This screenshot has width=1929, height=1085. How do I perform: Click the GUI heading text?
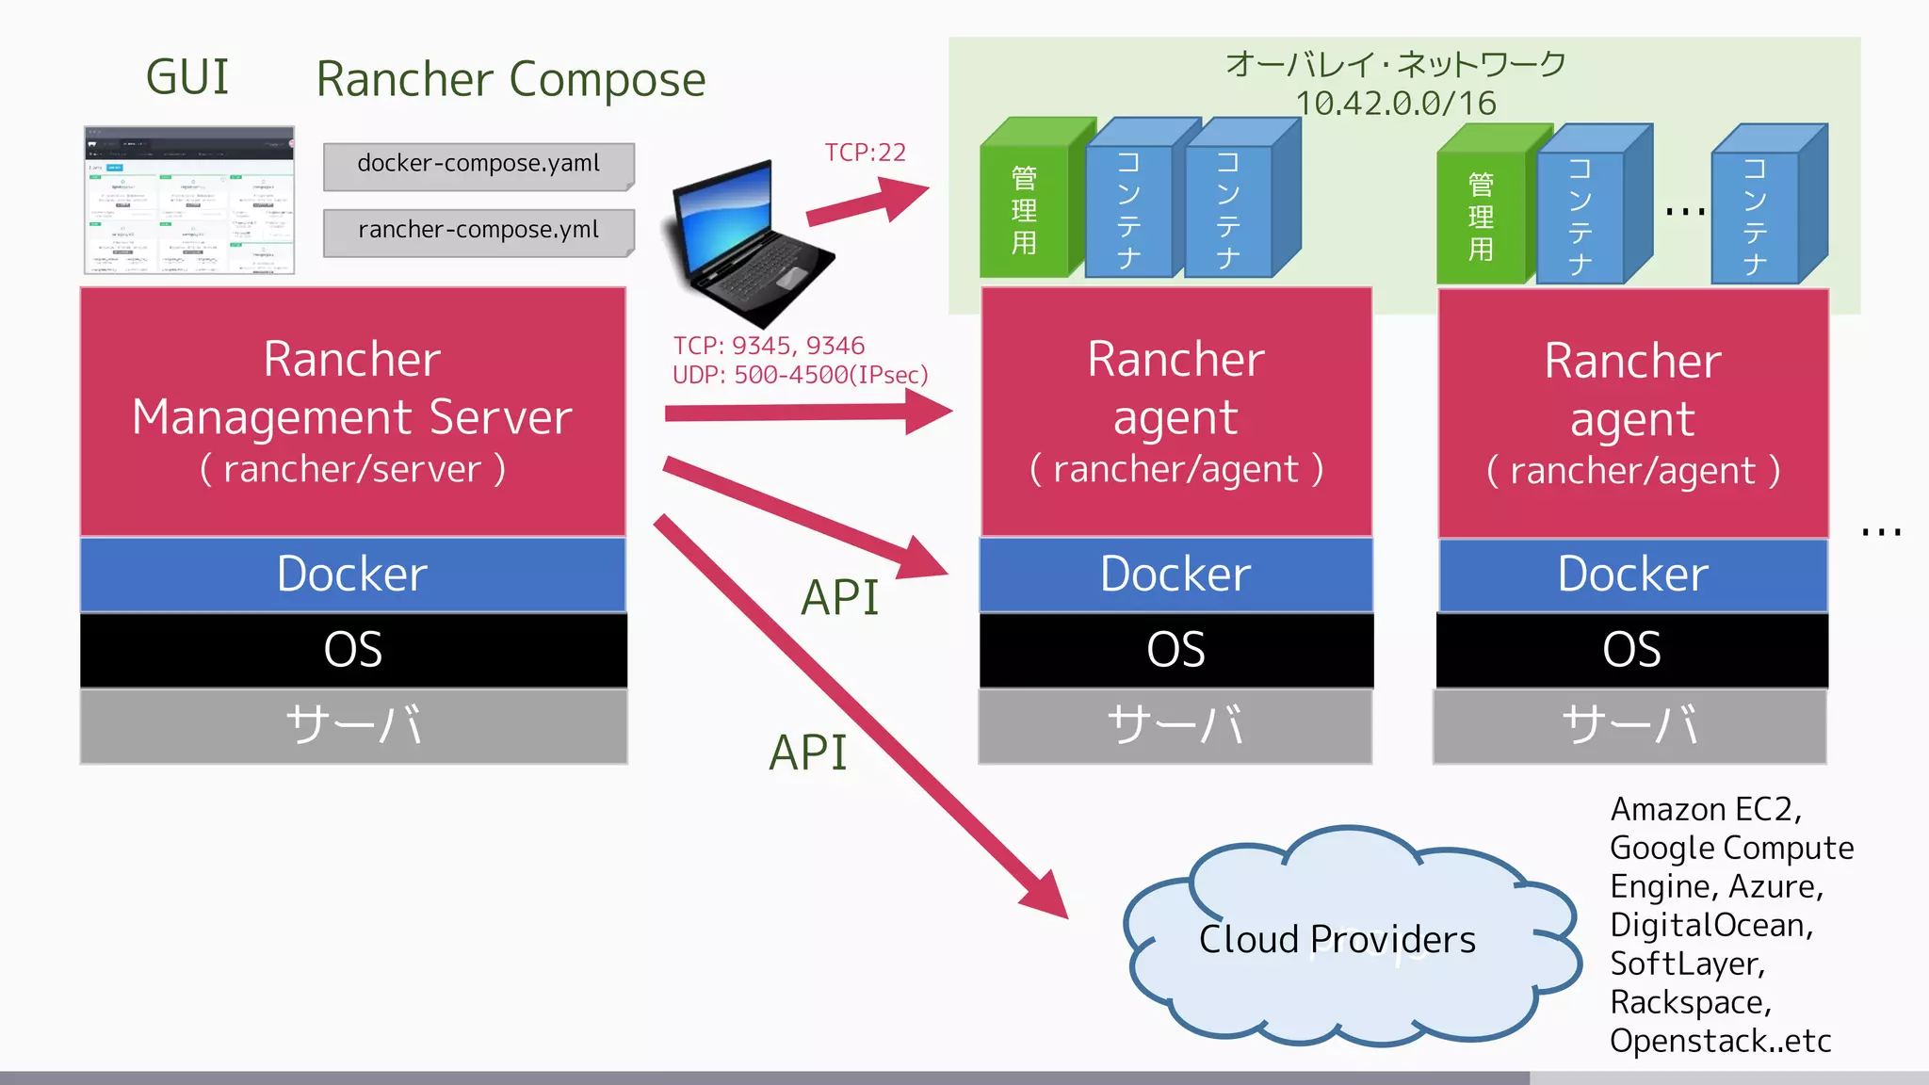pyautogui.click(x=187, y=77)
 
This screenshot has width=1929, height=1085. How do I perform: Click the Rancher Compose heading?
pyautogui.click(x=511, y=80)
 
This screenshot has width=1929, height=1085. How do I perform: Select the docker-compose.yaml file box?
pyautogui.click(x=478, y=165)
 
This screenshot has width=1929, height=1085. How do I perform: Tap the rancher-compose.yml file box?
pyautogui.click(x=478, y=231)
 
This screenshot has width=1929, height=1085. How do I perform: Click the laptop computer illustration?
pyautogui.click(x=748, y=245)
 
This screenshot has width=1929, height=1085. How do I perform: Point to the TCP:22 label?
pyautogui.click(x=865, y=153)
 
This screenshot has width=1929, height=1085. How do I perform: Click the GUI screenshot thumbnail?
pyautogui.click(x=189, y=200)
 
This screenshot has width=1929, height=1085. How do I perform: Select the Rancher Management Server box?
pyautogui.click(x=352, y=412)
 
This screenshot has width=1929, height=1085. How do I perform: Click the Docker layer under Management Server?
pyautogui.click(x=352, y=575)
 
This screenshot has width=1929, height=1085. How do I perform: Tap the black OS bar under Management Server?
pyautogui.click(x=352, y=650)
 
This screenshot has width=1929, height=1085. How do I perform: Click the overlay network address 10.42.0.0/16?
pyautogui.click(x=1395, y=104)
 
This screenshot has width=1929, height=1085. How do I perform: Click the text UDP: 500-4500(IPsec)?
pyautogui.click(x=800, y=375)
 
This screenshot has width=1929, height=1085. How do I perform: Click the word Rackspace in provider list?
pyautogui.click(x=1690, y=1002)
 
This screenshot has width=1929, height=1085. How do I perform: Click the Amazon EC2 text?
pyautogui.click(x=1705, y=810)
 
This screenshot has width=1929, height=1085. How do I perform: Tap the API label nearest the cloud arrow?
pyautogui.click(x=808, y=753)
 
